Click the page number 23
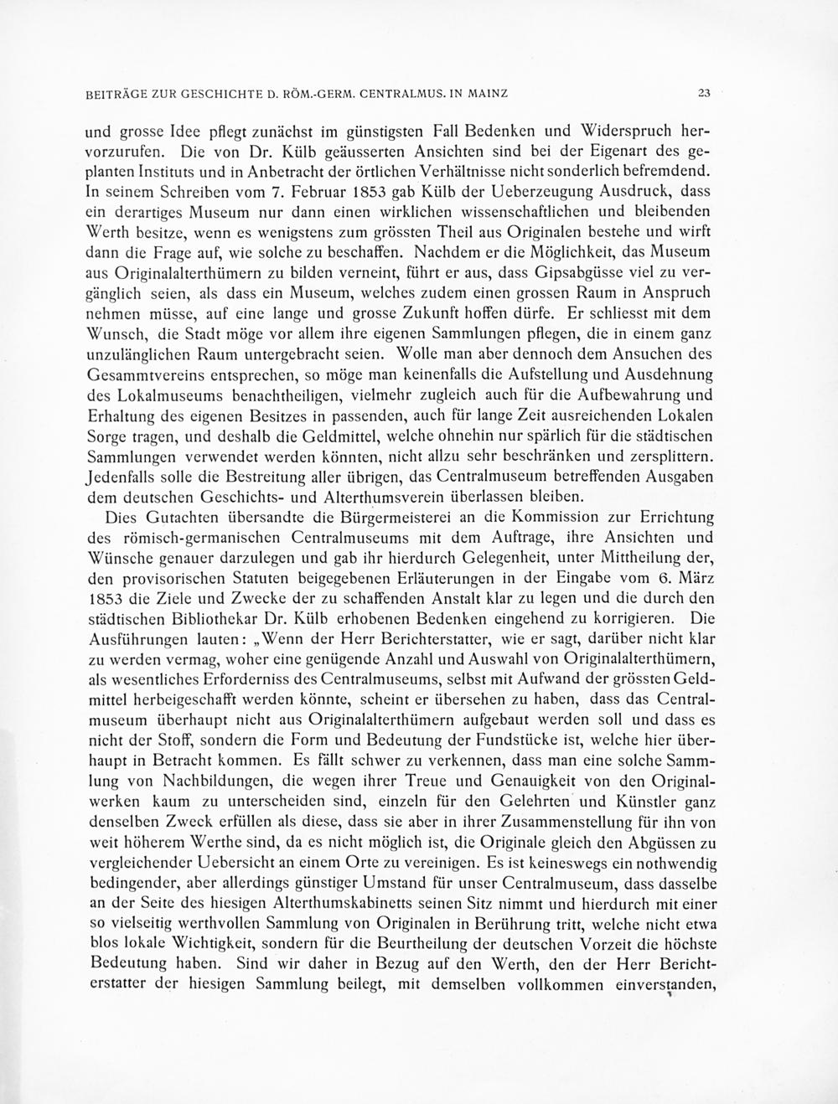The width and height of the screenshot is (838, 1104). [x=704, y=94]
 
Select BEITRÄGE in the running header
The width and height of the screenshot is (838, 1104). [x=114, y=94]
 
